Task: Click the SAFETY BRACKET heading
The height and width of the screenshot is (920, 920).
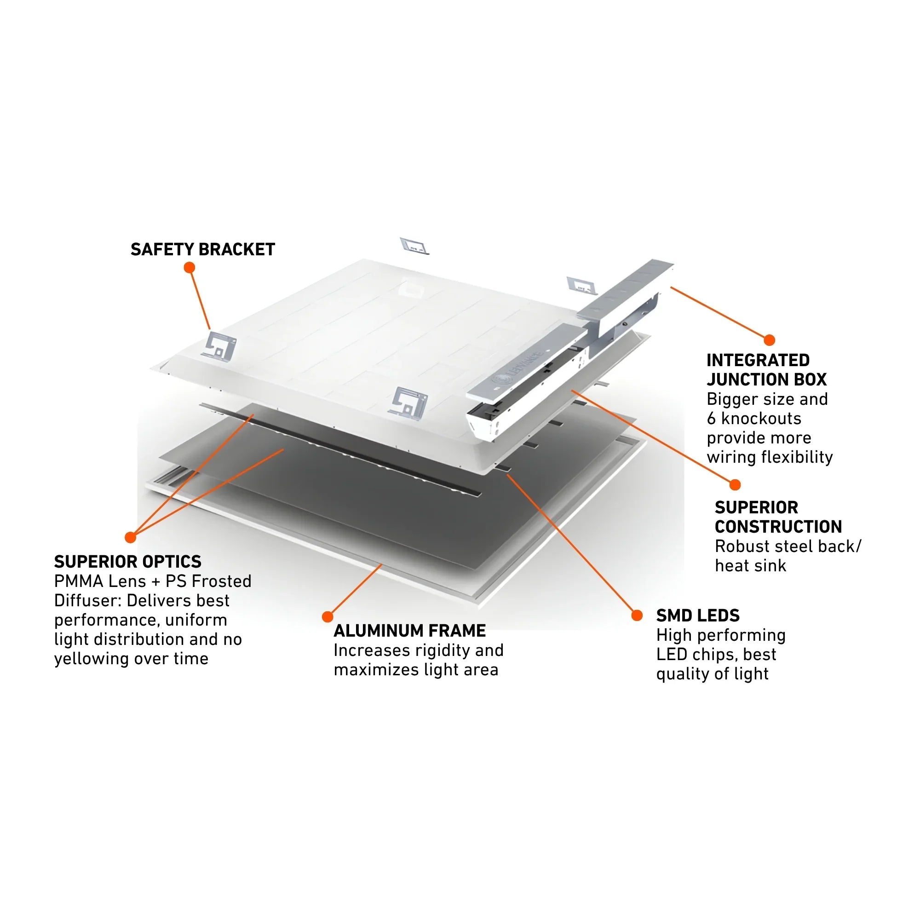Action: [x=202, y=249]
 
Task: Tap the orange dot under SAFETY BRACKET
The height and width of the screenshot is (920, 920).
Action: [x=190, y=268]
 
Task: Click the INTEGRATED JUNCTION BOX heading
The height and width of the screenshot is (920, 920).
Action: [x=766, y=369]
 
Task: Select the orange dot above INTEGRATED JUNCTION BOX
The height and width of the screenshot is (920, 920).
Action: [x=769, y=340]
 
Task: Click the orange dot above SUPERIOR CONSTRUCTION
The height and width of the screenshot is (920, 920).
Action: [x=735, y=485]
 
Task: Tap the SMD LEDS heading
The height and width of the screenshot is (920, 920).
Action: [x=698, y=616]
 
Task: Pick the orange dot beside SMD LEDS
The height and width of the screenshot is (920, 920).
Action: [x=637, y=616]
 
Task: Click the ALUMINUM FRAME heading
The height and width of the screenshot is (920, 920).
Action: [x=409, y=631]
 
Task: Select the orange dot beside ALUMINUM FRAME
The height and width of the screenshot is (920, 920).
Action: [x=328, y=617]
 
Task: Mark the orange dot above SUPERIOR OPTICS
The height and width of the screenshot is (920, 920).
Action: [x=131, y=538]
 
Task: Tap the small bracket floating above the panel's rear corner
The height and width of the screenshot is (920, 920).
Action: [x=414, y=246]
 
